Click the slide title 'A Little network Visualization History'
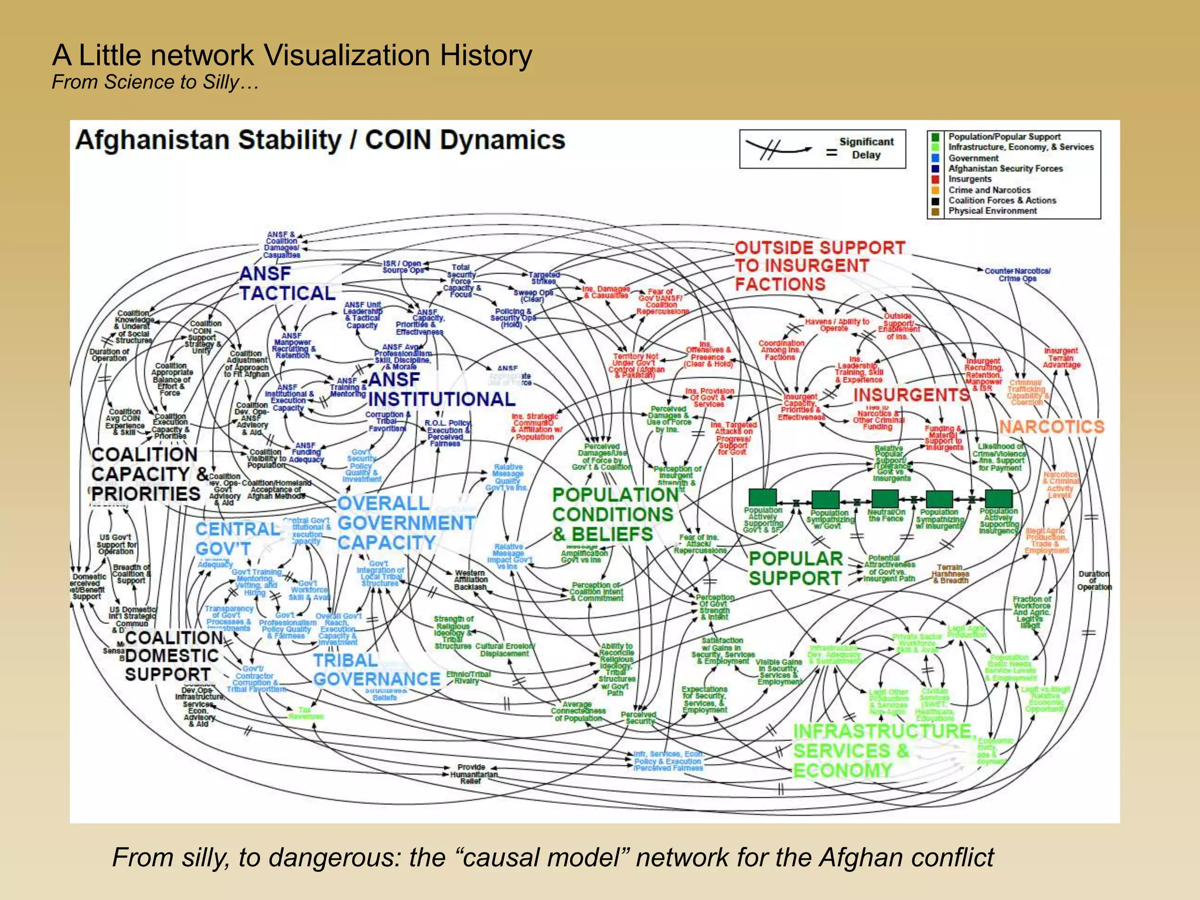[x=292, y=56]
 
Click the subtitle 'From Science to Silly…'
[x=155, y=82]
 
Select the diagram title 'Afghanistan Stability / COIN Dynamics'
[x=320, y=141]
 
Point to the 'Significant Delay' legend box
[x=822, y=149]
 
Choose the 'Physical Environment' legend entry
[x=993, y=211]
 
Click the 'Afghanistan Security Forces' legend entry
[x=1005, y=169]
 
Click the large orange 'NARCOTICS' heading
[x=1051, y=427]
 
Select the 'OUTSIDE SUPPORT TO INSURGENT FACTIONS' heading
[x=819, y=266]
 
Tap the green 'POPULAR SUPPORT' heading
[x=796, y=568]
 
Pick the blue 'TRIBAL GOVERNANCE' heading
[x=376, y=670]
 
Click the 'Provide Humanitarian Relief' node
[x=472, y=774]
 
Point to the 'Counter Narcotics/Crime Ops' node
[x=1017, y=275]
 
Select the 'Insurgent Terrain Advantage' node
[x=1061, y=358]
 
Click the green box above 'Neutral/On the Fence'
[x=885, y=499]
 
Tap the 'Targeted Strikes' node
[x=544, y=278]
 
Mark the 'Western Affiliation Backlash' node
[x=471, y=579]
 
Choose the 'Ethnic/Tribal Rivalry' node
[x=468, y=677]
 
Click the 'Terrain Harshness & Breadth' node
[x=950, y=574]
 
